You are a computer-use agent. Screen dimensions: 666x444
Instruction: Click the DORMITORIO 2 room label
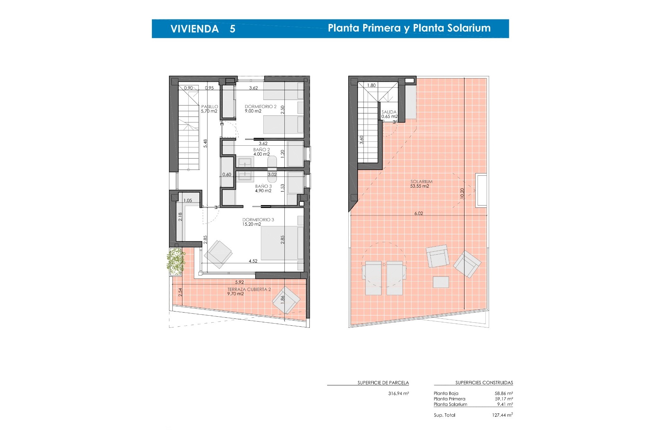tap(261, 106)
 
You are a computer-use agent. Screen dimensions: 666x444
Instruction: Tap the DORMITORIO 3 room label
tap(258, 220)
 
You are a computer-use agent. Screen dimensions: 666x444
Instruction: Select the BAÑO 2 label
tap(261, 150)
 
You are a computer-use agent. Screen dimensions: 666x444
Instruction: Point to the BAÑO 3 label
tap(263, 186)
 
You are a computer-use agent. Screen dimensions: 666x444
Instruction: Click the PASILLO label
tap(210, 107)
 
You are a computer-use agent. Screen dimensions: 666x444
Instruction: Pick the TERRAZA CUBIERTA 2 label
tap(249, 289)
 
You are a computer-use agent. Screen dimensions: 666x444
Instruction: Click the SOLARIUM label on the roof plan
tap(421, 182)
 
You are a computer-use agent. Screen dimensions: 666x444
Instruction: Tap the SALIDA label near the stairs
tap(389, 112)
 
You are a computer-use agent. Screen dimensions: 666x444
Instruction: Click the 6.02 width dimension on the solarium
tap(419, 213)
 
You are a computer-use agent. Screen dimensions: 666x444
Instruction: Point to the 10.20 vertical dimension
tap(462, 194)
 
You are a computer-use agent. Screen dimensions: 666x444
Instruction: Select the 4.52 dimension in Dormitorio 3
tap(253, 261)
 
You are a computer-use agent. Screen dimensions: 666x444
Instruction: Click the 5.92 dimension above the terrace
tap(239, 282)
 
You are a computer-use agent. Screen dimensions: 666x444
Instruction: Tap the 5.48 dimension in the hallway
tap(205, 144)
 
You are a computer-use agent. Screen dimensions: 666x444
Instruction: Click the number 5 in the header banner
tap(232, 29)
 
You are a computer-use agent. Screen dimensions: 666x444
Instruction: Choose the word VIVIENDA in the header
tap(194, 29)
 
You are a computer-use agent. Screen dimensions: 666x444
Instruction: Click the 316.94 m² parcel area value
tap(399, 393)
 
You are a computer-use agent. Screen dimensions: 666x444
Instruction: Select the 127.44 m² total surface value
tap(502, 415)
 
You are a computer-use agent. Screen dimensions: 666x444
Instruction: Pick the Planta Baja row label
tap(446, 393)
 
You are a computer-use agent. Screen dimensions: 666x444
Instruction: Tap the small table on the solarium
tap(441, 282)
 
